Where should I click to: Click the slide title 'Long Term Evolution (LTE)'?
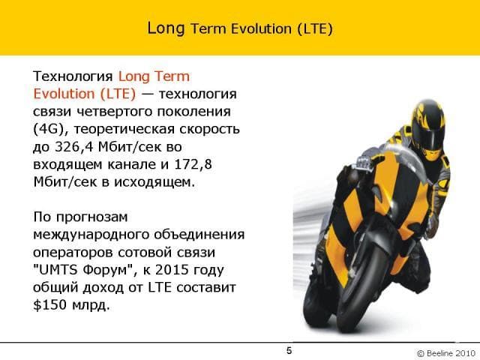pos(240,28)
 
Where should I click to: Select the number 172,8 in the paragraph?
pos(193,165)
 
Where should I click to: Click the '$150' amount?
pos(49,305)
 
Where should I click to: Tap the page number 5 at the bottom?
pos(289,350)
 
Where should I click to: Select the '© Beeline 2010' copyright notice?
pos(446,353)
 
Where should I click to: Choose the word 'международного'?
pos(91,235)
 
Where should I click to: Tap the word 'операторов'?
pos(73,253)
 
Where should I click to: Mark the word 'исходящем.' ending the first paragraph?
pos(154,182)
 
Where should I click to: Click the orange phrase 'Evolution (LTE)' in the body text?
pos(85,94)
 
